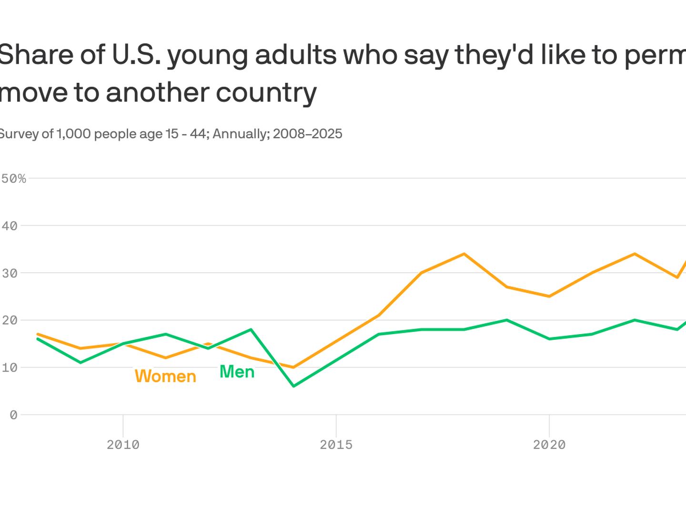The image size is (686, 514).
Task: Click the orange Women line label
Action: pos(165,376)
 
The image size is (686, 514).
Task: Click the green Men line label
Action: pos(237,372)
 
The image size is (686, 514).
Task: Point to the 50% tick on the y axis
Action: pos(14,178)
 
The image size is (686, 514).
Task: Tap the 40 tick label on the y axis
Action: pos(10,226)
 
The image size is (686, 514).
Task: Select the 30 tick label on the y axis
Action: pos(10,273)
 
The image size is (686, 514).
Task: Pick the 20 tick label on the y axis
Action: pos(10,320)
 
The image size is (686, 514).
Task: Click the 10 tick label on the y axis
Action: pos(10,367)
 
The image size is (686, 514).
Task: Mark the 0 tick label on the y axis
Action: pos(13,415)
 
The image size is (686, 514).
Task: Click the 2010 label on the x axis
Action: pos(123,445)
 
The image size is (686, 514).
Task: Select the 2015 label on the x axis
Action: pos(336,445)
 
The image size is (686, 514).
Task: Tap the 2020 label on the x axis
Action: pos(549,445)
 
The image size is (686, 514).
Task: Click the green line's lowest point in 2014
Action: pos(293,386)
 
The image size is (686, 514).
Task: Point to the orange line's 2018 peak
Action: pos(464,254)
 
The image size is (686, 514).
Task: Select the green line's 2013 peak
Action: pos(251,329)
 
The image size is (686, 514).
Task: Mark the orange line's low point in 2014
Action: pos(293,367)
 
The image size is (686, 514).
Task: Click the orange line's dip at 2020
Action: pos(549,296)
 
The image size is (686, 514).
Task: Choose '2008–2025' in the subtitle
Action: pos(307,134)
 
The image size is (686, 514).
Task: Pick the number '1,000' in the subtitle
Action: pos(73,134)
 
